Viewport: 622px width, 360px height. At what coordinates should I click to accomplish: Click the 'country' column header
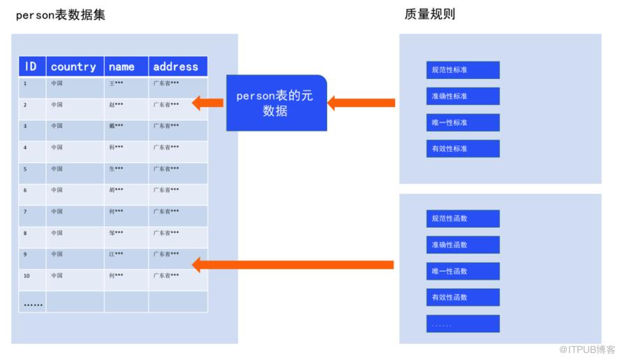click(74, 66)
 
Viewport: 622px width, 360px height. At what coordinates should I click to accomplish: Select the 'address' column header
click(177, 66)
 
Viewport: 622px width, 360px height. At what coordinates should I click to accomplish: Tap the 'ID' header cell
click(31, 66)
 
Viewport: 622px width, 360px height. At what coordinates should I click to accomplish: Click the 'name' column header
click(125, 66)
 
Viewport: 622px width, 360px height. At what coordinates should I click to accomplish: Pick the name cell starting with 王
click(125, 84)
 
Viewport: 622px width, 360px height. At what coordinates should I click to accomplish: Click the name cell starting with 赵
click(125, 105)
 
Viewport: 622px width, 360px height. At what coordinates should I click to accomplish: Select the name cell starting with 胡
click(125, 190)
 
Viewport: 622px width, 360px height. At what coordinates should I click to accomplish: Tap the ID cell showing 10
click(31, 275)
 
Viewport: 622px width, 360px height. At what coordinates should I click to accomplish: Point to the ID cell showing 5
click(31, 168)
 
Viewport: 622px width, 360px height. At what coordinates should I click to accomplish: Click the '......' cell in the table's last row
click(32, 303)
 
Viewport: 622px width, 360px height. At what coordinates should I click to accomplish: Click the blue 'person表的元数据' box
click(276, 103)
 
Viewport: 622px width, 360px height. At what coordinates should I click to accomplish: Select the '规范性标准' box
click(463, 70)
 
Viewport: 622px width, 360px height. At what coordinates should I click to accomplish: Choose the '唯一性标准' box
click(463, 122)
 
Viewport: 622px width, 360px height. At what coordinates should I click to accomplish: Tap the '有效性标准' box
click(463, 149)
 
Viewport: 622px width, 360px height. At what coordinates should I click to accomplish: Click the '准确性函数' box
click(463, 245)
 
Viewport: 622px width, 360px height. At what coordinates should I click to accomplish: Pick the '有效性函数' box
click(463, 297)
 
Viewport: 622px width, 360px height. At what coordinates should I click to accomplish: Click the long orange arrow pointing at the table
click(294, 264)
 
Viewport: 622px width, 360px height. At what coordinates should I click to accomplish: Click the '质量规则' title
click(430, 13)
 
